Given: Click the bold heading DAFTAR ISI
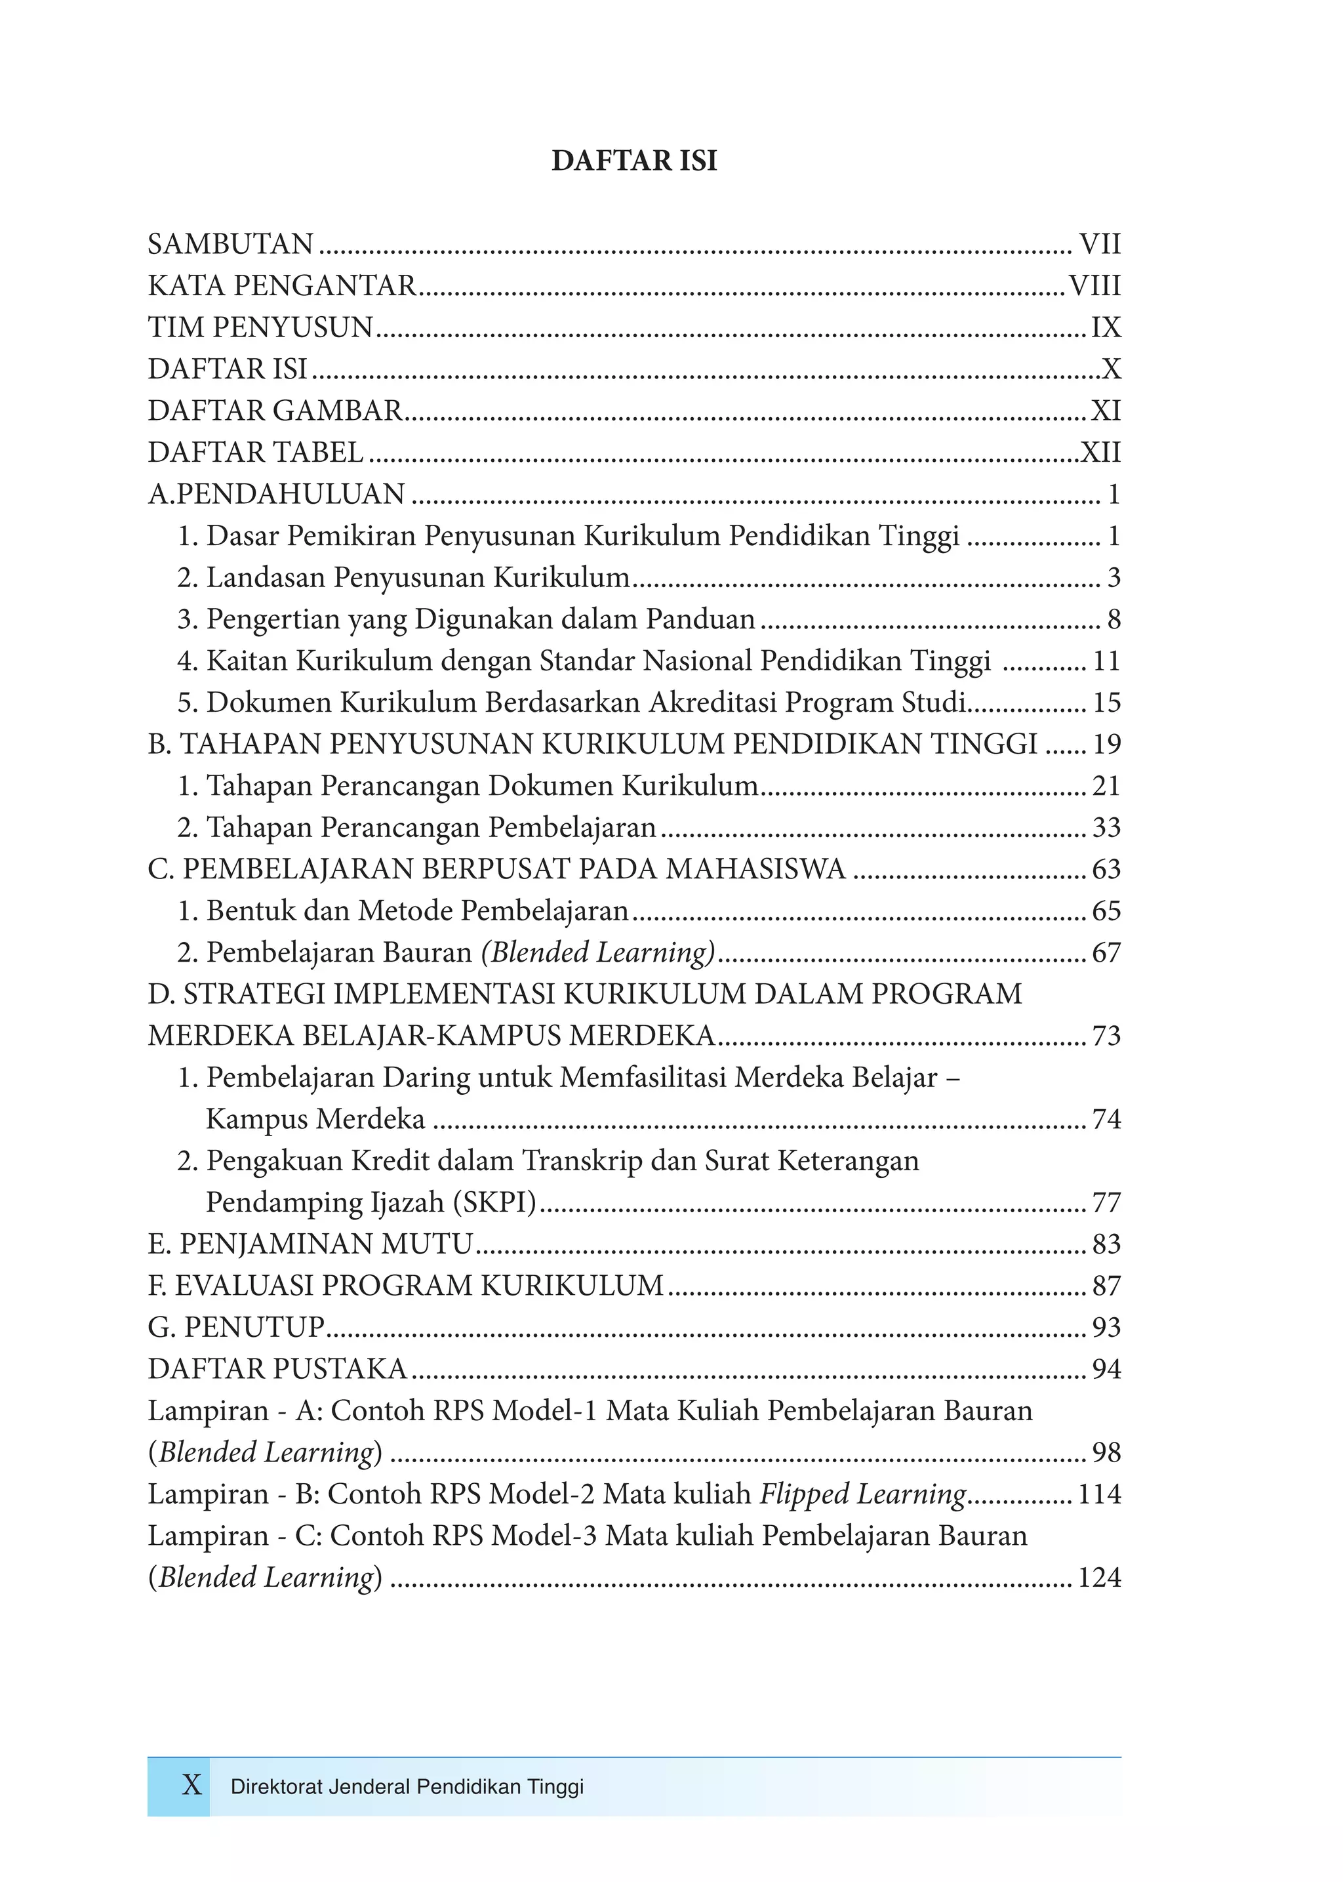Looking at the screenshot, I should [x=633, y=161].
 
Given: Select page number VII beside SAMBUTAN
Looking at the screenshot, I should [x=1099, y=244].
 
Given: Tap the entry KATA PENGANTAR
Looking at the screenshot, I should [x=282, y=285].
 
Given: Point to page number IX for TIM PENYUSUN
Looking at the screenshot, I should [x=1106, y=327].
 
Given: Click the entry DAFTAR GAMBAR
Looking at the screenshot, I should [x=275, y=411].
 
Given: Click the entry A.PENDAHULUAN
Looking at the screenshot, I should [x=276, y=494].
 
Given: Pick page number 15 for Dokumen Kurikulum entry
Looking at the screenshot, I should [x=1106, y=703].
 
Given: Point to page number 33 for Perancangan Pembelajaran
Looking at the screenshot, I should [x=1106, y=827].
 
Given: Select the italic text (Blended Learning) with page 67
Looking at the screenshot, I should [x=598, y=952].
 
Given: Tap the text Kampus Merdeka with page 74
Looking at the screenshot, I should [x=315, y=1119].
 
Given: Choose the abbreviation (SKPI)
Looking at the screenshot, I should [x=495, y=1202].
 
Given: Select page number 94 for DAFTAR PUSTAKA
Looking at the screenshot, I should [x=1106, y=1369].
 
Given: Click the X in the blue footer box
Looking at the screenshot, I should [x=191, y=1785].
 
